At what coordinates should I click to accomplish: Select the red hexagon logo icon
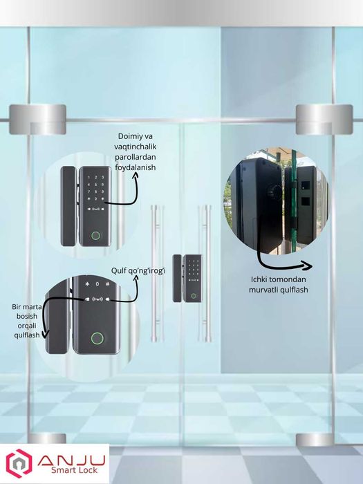point(18,464)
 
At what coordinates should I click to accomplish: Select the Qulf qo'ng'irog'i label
point(138,270)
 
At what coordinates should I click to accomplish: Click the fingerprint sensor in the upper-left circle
point(95,236)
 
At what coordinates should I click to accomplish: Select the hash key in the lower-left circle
point(109,283)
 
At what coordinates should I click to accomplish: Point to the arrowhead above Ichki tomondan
point(307,266)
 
